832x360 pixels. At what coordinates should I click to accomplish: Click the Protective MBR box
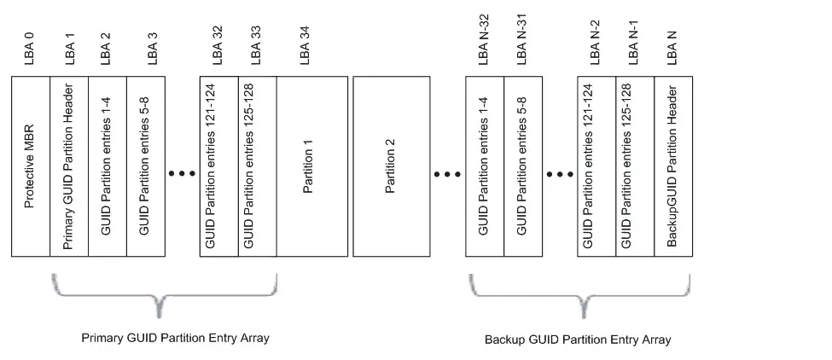click(31, 166)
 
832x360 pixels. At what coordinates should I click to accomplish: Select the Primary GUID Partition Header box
click(69, 166)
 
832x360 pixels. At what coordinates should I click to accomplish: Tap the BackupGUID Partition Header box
click(673, 166)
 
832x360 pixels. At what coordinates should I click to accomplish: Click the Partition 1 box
click(312, 166)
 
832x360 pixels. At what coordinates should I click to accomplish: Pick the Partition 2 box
click(392, 166)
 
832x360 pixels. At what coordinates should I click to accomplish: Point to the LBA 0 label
click(29, 49)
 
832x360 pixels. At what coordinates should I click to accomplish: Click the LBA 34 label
click(305, 45)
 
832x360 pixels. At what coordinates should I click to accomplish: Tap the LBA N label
click(672, 49)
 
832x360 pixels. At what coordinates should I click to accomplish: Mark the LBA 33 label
click(256, 45)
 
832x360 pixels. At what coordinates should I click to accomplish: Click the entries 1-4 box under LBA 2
click(108, 166)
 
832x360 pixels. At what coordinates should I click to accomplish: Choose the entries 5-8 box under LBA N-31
click(523, 166)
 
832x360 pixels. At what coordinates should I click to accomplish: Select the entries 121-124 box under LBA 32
click(219, 166)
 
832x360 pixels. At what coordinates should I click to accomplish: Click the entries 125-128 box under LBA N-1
click(635, 166)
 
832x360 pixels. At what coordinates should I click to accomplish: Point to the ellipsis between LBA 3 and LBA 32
click(182, 173)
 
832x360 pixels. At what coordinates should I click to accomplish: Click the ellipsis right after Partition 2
click(447, 174)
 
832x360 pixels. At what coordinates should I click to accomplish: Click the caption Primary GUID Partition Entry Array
click(176, 338)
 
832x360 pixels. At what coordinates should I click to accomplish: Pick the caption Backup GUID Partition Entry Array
click(578, 340)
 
